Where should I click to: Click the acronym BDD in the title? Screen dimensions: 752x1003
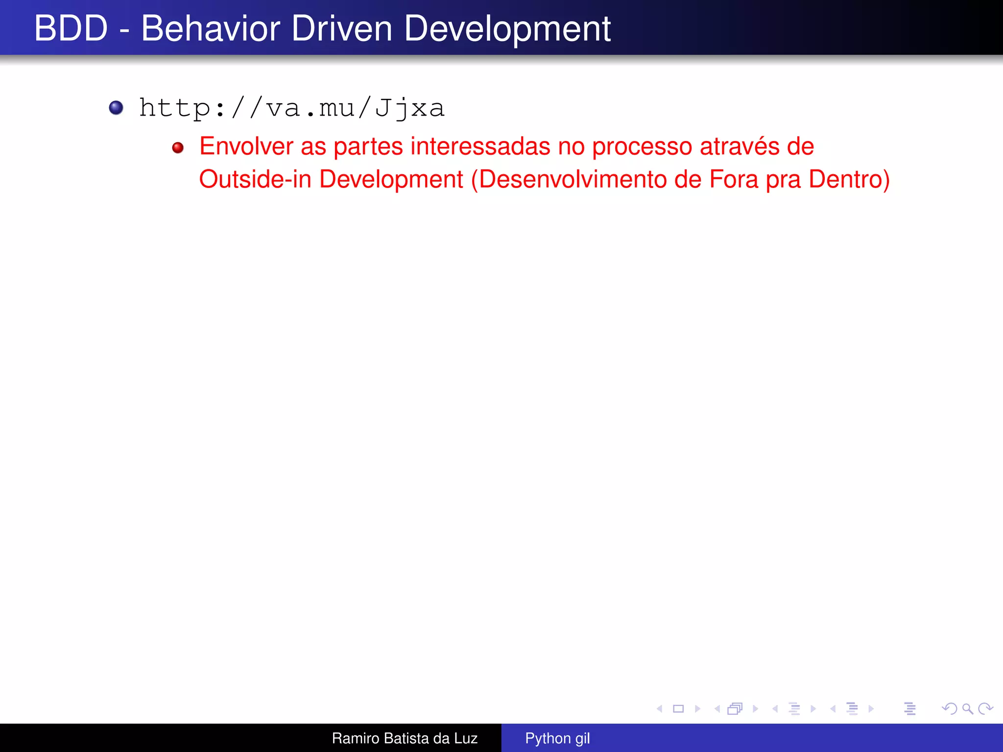(x=71, y=28)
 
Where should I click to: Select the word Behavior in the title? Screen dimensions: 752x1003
(x=211, y=28)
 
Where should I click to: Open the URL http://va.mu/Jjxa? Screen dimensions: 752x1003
(x=292, y=108)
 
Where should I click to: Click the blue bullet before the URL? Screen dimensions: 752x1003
(x=116, y=108)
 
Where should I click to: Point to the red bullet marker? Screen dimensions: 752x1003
(x=178, y=148)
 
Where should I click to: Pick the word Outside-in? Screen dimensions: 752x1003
(x=255, y=179)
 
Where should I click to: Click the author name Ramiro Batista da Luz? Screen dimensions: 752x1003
(x=405, y=738)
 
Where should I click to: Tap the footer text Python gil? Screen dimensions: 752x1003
(x=557, y=738)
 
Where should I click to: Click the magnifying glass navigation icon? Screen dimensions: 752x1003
(x=967, y=708)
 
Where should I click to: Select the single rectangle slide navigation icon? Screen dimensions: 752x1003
(x=678, y=708)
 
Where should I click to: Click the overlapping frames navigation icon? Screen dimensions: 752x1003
(x=735, y=708)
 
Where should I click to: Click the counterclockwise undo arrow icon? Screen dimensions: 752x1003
(x=949, y=708)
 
